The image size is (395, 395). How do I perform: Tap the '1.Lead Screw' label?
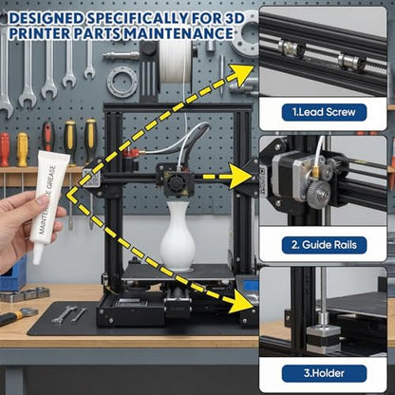coord(324,112)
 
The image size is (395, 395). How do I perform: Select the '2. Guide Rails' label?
coord(324,245)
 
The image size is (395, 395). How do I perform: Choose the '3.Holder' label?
coord(324,373)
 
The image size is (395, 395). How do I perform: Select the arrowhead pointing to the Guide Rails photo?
coord(239,177)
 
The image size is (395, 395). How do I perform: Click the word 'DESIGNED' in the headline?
coord(47,18)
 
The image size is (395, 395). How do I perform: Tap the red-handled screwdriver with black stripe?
coord(48,137)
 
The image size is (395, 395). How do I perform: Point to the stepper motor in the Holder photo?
coord(323,339)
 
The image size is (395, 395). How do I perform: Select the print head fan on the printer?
coord(175,183)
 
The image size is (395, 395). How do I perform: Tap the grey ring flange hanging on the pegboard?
coord(122,82)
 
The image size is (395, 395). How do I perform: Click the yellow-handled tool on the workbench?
coord(17,316)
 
